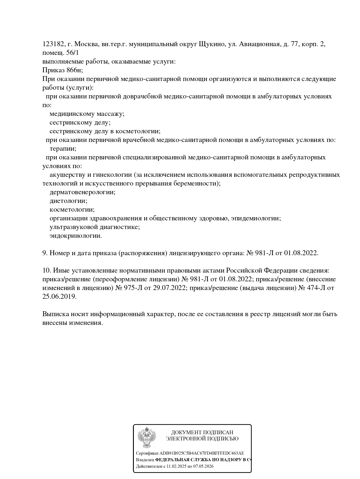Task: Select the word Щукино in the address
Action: (212, 44)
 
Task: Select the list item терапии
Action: (63, 149)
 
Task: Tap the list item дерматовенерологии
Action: (82, 192)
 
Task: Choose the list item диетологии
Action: (68, 201)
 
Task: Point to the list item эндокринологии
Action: (76, 236)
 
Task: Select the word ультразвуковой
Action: (73, 227)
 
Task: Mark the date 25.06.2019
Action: (59, 297)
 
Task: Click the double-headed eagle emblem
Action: (147, 437)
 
